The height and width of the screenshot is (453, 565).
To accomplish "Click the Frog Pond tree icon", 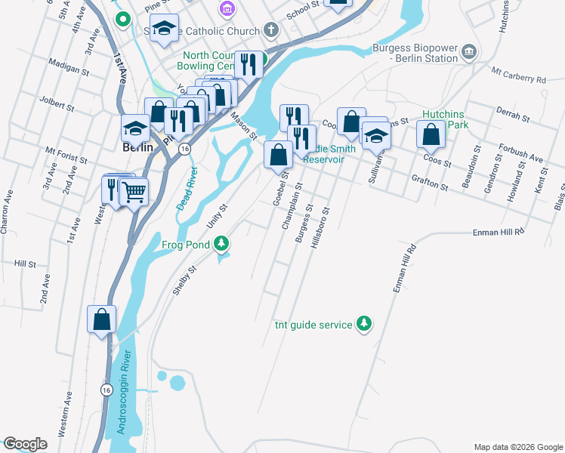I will click(221, 243).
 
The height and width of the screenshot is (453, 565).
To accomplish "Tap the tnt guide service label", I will click(313, 325).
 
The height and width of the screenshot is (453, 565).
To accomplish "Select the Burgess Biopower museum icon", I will click(469, 51).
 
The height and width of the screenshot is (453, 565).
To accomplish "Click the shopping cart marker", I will click(134, 192).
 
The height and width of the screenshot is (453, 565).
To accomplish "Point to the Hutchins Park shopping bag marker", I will click(431, 135).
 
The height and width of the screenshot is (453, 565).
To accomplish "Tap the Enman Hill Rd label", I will click(499, 233).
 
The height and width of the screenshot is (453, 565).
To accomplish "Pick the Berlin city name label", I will click(137, 148).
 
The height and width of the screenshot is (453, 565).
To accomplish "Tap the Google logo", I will click(25, 444).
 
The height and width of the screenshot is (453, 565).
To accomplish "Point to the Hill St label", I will click(25, 265).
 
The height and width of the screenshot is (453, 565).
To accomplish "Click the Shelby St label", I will click(184, 282).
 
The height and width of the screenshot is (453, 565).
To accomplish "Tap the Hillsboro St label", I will click(317, 224).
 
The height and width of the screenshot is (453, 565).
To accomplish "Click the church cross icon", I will click(272, 31).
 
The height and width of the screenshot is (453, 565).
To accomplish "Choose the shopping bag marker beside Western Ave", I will click(101, 319).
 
